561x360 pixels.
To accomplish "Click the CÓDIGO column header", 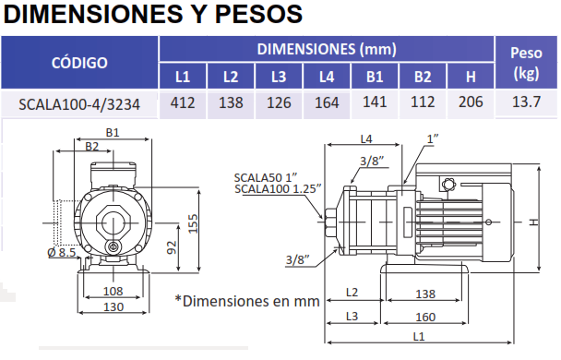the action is [79, 63].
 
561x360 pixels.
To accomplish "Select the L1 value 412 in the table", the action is [183, 103].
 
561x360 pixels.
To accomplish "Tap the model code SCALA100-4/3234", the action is [79, 104].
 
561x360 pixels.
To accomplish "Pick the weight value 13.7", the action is [526, 102].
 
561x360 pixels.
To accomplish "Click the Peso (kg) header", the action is [526, 63].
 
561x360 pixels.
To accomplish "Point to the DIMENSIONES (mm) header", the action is [327, 49].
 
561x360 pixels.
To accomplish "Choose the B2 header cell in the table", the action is [423, 77].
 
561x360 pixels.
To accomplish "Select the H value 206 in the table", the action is [471, 102].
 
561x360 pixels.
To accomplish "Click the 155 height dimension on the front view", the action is [193, 223].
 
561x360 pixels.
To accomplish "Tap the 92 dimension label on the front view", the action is [172, 247].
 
